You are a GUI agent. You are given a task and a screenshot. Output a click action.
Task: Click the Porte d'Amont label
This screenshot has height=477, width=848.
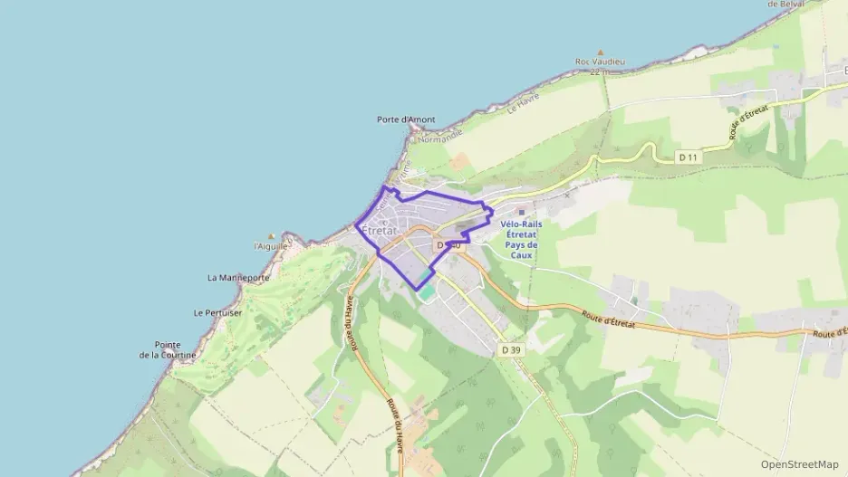(406, 119)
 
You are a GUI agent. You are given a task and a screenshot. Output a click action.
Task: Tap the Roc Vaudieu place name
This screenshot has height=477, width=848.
(600, 62)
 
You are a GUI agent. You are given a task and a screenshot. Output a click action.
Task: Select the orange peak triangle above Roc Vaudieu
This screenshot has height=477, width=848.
(600, 52)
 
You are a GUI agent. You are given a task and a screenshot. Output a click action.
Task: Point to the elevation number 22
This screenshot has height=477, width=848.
(594, 72)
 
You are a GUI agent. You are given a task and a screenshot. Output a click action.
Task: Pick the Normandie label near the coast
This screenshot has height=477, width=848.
(439, 135)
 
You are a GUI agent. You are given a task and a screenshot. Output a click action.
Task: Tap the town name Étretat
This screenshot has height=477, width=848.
(379, 231)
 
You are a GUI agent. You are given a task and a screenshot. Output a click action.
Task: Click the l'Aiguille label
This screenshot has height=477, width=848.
(271, 246)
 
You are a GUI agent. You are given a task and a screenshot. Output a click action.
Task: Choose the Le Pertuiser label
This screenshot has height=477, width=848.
(217, 312)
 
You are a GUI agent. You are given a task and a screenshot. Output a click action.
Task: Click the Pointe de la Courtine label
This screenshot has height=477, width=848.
(168, 349)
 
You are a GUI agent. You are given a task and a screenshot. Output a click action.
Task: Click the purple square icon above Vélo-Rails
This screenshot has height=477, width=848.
(520, 213)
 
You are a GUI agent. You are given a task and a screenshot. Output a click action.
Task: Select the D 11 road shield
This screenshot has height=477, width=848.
(689, 157)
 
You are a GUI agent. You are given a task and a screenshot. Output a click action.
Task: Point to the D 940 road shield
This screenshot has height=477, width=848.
(448, 245)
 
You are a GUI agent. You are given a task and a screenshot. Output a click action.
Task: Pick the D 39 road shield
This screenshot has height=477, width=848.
(511, 349)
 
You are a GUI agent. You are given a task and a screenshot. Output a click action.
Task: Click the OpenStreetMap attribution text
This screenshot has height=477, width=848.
(799, 464)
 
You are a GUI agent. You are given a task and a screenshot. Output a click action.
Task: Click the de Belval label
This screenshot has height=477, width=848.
(785, 5)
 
